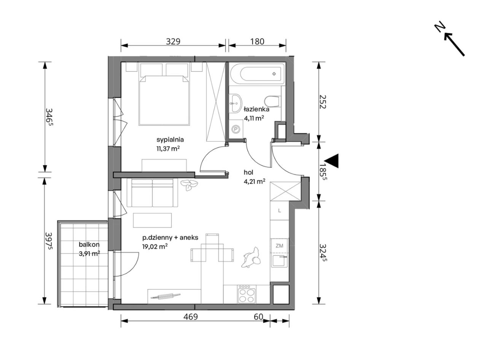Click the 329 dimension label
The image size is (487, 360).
pos(173,41)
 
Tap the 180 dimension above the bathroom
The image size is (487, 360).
pos(257,41)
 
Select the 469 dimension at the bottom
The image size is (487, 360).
pos(191,317)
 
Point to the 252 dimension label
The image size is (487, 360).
pos(323,102)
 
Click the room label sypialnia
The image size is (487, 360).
pos(170,140)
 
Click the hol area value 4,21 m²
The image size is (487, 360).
pos(254,181)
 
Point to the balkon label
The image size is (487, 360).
pos(89,244)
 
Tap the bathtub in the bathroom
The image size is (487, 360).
pos(257,74)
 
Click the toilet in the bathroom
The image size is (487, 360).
pos(273,102)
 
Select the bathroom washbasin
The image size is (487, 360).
pos(235,103)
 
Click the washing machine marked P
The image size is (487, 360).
pos(236,129)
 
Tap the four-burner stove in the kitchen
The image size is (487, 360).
pos(247,294)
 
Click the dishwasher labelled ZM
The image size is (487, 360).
pos(279,246)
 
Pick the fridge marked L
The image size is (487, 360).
pos(279,211)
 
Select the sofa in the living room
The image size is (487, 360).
pos(152,193)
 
